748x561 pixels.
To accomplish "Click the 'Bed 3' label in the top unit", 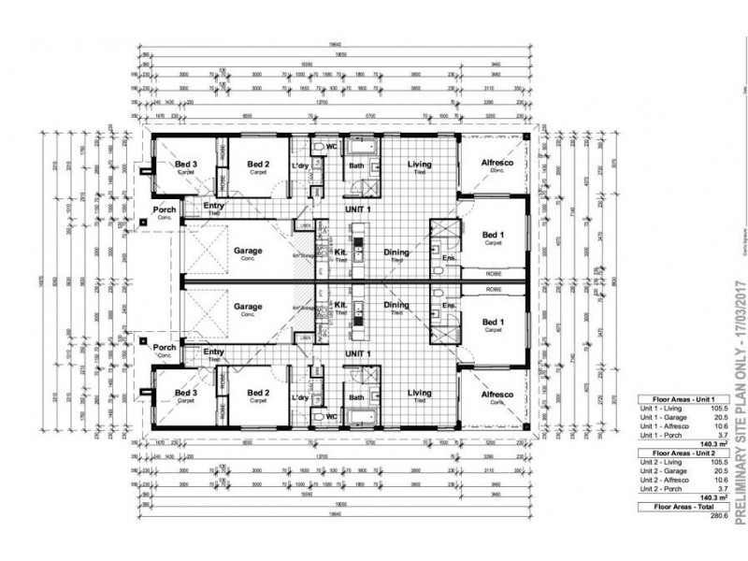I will click(185, 165).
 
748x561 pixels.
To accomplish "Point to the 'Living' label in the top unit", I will click(419, 165).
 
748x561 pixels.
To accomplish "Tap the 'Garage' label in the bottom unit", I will click(248, 306).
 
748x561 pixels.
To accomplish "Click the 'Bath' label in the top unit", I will click(355, 166).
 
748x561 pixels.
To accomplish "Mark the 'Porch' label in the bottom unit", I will click(165, 348).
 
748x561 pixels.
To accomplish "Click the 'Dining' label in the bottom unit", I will click(396, 305).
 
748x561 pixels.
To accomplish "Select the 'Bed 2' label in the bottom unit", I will click(258, 394).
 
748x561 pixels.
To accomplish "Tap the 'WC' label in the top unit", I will click(330, 147).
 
